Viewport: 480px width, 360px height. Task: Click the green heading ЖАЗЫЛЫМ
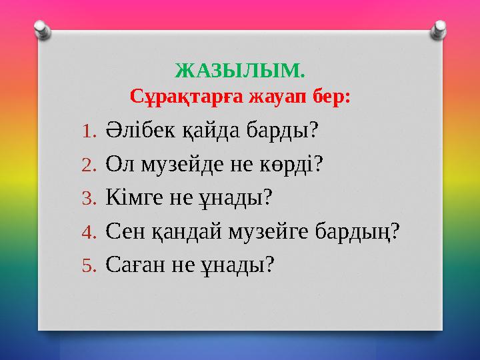click(x=240, y=69)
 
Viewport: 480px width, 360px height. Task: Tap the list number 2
click(x=90, y=164)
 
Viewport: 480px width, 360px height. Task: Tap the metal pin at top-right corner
click(x=440, y=29)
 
